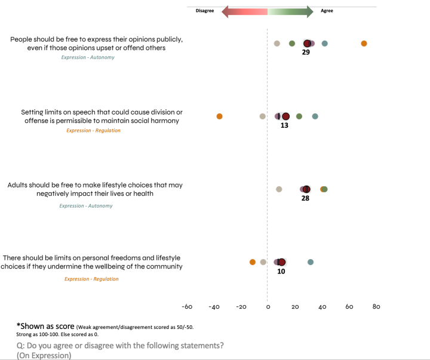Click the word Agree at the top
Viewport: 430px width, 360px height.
(x=327, y=11)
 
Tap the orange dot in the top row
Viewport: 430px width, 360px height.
(x=364, y=44)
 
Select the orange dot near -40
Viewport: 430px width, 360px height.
(x=219, y=116)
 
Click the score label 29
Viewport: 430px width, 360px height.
(x=306, y=53)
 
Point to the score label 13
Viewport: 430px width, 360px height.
(x=284, y=126)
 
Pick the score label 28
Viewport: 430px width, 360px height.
(x=305, y=198)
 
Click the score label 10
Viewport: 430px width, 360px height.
(x=281, y=271)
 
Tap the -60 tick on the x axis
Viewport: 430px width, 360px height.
(x=187, y=307)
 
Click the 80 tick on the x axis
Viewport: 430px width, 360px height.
(x=376, y=307)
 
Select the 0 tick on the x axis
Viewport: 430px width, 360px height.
(x=268, y=307)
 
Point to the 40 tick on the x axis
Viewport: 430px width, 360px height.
(x=322, y=307)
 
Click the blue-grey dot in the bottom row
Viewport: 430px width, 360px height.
(x=311, y=262)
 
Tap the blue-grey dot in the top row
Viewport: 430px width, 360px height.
(x=324, y=44)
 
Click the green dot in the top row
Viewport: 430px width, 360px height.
(x=292, y=44)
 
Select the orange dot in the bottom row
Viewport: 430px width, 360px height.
(x=253, y=262)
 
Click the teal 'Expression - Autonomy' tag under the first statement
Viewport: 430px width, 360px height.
(x=87, y=57)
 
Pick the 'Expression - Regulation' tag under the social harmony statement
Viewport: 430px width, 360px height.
(x=93, y=130)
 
